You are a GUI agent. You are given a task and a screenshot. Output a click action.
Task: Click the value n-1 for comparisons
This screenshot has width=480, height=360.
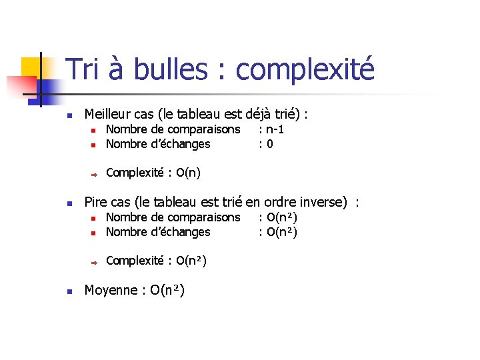pyautogui.click(x=275, y=129)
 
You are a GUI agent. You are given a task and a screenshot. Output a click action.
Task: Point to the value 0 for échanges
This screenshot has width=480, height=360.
pyautogui.click(x=269, y=144)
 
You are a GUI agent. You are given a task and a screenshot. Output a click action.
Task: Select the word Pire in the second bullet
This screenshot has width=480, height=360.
pyautogui.click(x=95, y=202)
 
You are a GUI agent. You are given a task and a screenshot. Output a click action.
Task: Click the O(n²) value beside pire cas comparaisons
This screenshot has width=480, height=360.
pyautogui.click(x=281, y=217)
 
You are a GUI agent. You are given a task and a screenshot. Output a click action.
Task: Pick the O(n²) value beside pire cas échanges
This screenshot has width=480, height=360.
pyautogui.click(x=281, y=232)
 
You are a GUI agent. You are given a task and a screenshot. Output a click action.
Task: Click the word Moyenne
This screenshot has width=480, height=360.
pyautogui.click(x=111, y=290)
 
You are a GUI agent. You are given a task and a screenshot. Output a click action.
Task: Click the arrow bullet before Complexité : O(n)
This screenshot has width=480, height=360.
pyautogui.click(x=95, y=174)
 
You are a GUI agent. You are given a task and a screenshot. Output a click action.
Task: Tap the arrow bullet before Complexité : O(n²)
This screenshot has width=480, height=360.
pyautogui.click(x=95, y=261)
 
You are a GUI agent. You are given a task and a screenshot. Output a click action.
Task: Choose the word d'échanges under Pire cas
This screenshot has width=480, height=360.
pyautogui.click(x=181, y=232)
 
